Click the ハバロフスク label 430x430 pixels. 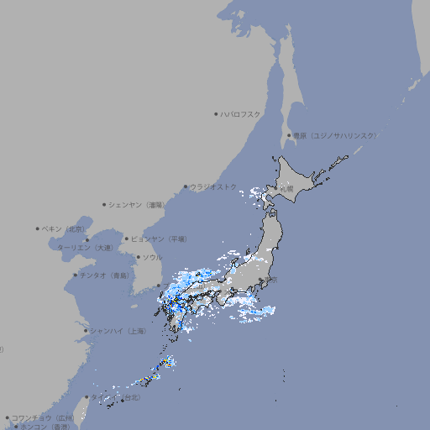241,113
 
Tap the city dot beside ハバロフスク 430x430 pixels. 217,113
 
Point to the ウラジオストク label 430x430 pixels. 213,186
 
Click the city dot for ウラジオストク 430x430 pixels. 186,187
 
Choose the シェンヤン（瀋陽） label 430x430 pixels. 137,204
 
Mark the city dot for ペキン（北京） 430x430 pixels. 38,228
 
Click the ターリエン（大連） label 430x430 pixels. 85,248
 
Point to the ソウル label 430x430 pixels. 152,257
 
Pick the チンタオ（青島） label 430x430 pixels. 105,275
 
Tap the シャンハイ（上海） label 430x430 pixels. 118,331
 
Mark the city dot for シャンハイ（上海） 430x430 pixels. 86,331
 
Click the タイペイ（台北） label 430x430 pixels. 115,397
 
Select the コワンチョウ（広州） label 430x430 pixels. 43,417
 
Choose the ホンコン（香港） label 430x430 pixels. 41,427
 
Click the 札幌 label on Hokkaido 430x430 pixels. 287,189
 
